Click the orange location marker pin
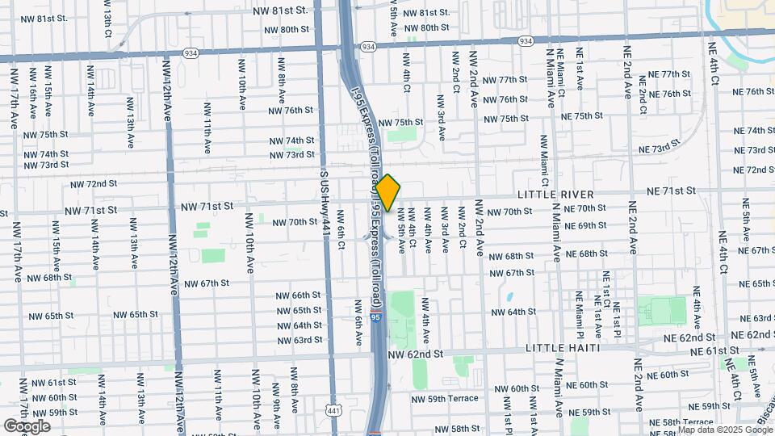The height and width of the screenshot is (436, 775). click(387, 193)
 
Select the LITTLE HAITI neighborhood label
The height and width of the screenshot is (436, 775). click(562, 347)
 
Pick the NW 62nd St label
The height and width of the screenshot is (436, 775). click(416, 354)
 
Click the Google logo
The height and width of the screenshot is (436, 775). click(27, 426)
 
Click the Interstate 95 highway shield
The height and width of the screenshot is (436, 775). click(376, 318)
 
